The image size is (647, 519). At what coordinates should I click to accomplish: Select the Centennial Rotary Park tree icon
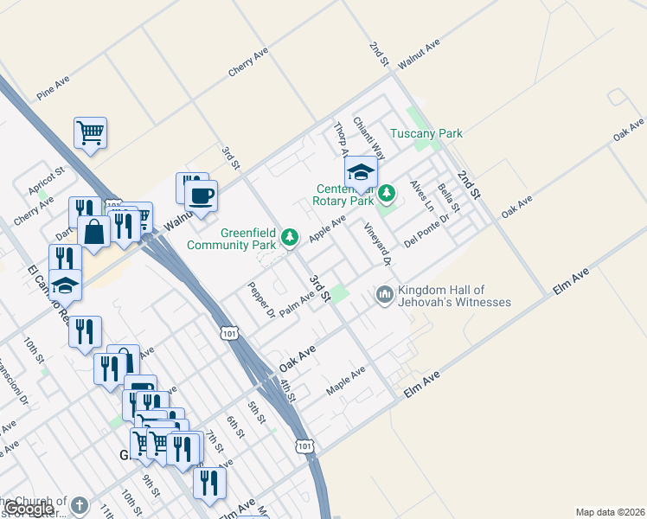click(388, 192)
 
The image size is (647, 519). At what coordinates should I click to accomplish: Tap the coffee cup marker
click(201, 195)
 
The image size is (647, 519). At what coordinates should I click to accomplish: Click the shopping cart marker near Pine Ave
click(90, 133)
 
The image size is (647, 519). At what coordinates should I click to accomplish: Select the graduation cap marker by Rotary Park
click(361, 170)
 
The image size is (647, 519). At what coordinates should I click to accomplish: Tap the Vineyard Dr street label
click(378, 244)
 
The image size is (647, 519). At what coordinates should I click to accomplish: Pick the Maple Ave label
click(345, 381)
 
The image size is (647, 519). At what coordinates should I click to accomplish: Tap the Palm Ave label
click(296, 304)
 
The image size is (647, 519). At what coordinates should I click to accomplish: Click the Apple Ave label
click(327, 229)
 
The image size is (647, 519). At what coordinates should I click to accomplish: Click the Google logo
click(29, 509)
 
